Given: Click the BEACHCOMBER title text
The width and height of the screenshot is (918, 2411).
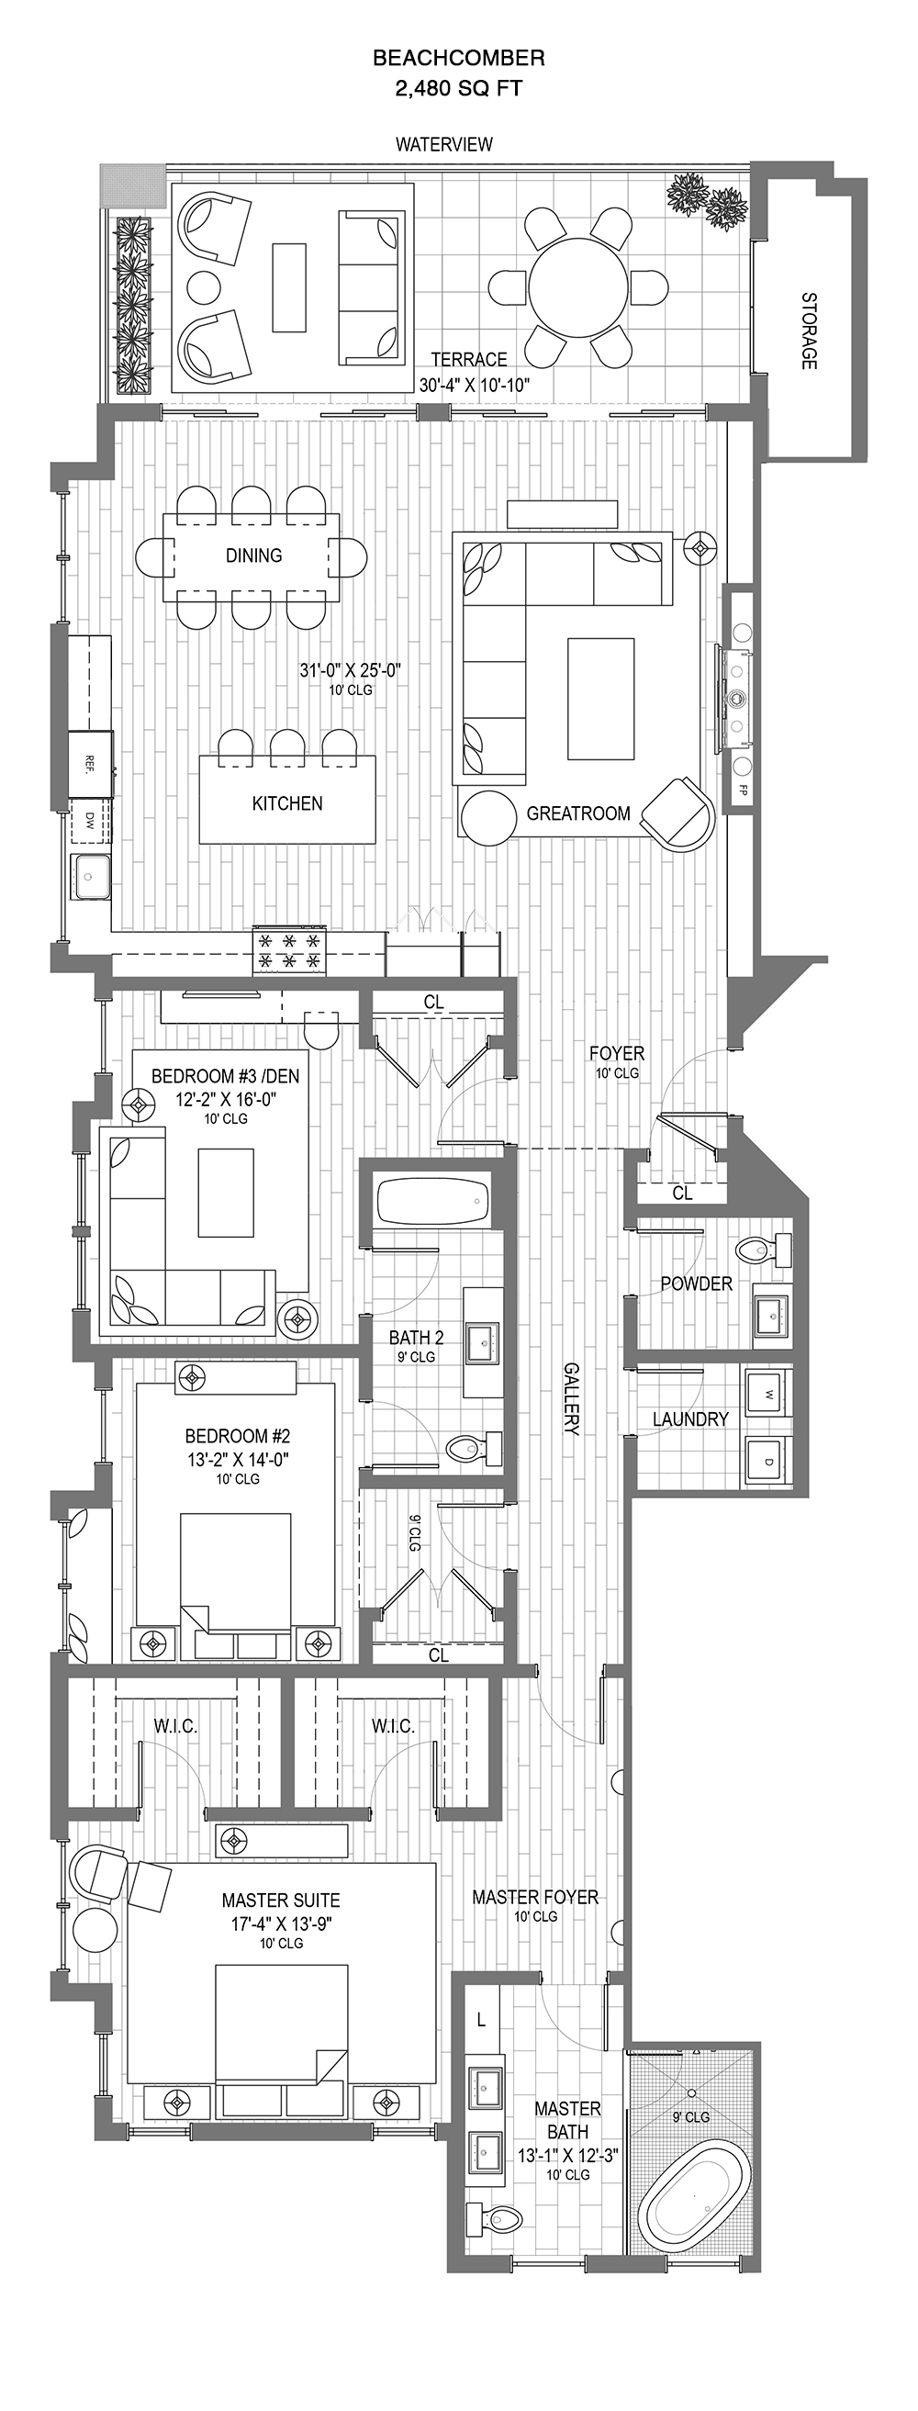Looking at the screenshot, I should coord(458,58).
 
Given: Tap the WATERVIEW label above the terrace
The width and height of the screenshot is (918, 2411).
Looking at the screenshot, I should coord(443,144).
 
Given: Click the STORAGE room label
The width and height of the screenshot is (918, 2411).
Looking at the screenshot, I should coord(808,331).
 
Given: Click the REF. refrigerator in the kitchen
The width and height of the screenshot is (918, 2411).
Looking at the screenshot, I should coord(91,763).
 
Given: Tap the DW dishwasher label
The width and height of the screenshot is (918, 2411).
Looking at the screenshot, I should coord(90,821).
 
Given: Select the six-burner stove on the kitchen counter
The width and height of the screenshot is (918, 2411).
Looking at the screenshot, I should coord(290,949).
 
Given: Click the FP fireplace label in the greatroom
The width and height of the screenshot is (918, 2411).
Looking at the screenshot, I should coord(744,789).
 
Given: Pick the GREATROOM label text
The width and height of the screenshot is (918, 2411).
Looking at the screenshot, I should coord(578,813).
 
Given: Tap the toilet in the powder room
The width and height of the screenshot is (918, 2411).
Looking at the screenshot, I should coord(765,1249).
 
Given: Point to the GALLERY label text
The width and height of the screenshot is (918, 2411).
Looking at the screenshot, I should coord(572,1399).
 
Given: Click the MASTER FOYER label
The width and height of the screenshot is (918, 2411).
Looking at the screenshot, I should coord(534,1896).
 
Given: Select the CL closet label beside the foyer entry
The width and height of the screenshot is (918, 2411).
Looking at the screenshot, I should coord(682,1193).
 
